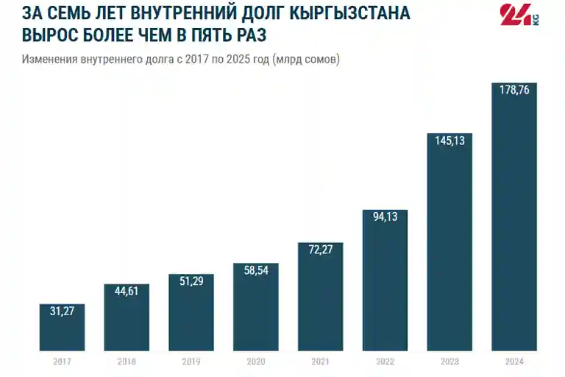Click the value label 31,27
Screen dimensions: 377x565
pyautogui.click(x=62, y=311)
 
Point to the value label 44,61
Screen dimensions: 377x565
pyautogui.click(x=127, y=291)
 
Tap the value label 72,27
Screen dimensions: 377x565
pyautogui.click(x=320, y=250)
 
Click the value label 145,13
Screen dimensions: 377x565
pyautogui.click(x=449, y=141)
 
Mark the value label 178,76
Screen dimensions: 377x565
pyautogui.click(x=514, y=90)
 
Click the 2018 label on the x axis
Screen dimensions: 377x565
pyautogui.click(x=127, y=362)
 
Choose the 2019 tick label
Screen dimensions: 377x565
pyautogui.click(x=191, y=362)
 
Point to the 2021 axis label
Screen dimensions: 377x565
pyautogui.click(x=320, y=362)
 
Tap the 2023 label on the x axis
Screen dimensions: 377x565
pyautogui.click(x=449, y=362)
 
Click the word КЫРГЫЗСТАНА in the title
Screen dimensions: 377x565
pyautogui.click(x=349, y=13)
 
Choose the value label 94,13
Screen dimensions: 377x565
pyautogui.click(x=385, y=216)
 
